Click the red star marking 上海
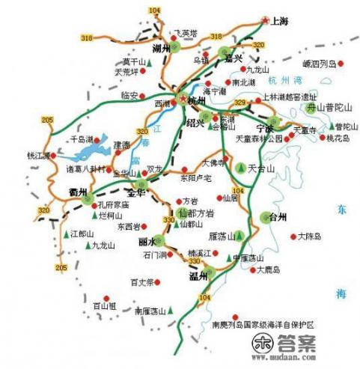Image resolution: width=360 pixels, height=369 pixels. pos(264,21)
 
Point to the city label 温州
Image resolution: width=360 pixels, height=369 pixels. pos(198,277)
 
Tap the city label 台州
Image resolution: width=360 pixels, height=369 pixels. pos(278,218)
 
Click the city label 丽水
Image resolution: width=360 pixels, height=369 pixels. pos(147,242)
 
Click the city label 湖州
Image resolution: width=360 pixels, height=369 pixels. pos(162,49)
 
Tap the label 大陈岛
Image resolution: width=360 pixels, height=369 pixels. pos(308,237)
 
